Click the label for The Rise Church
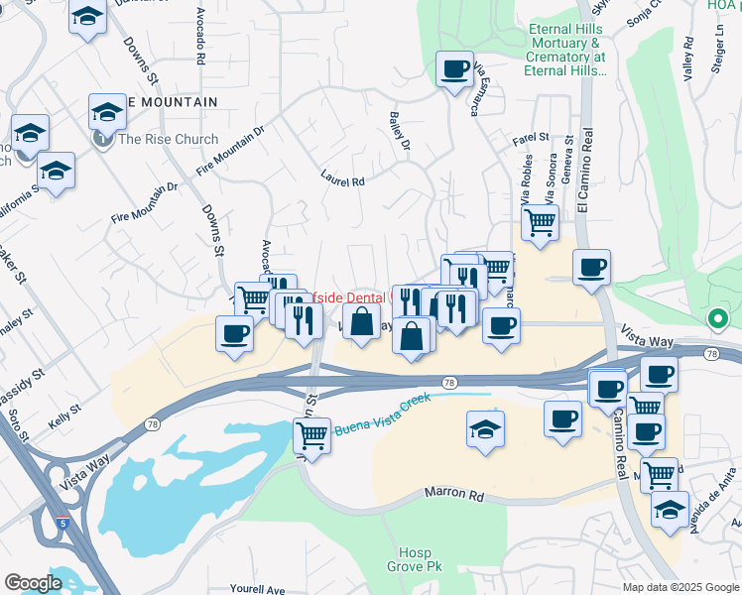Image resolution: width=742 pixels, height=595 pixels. [x=168, y=139]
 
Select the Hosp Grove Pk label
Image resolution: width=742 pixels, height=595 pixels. [x=410, y=559]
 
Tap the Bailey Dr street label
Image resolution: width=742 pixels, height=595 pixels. [x=400, y=130]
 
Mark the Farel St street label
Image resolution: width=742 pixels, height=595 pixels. [x=531, y=137]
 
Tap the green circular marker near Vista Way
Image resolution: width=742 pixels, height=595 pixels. [x=718, y=319]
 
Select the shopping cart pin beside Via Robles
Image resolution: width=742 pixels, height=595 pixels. [x=539, y=222]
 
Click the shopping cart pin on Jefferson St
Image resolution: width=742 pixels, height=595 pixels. [x=311, y=434]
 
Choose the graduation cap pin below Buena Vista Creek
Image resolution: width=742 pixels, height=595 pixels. [x=485, y=428]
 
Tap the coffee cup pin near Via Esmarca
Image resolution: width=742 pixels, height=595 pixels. [x=455, y=69]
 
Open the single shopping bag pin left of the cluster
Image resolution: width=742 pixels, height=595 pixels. [x=362, y=321]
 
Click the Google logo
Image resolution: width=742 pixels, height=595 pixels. [x=33, y=583]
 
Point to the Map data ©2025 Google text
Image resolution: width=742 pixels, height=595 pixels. [x=680, y=587]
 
